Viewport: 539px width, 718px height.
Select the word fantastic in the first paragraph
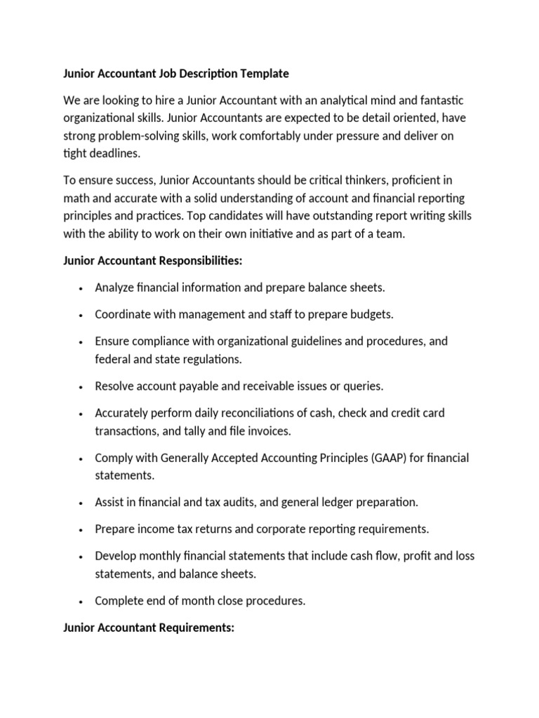coord(439,102)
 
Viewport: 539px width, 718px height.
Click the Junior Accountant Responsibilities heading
coord(152,260)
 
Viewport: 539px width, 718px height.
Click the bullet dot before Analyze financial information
coord(82,288)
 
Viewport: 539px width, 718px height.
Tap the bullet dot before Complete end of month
coord(82,601)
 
